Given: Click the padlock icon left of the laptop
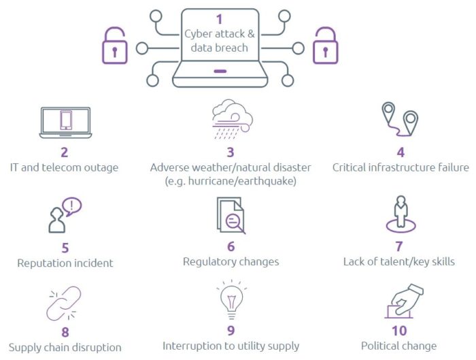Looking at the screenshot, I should pos(114,46).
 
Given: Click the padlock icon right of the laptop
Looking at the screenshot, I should pos(325,46).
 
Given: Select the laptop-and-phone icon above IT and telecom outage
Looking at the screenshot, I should pos(65,120).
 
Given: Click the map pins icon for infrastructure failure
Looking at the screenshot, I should pos(399,120).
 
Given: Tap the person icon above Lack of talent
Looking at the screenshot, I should pos(401,214).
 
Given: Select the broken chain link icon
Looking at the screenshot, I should pos(63,304).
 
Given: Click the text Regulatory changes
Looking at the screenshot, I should pos(231,261).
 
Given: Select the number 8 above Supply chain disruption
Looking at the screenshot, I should pos(65,332).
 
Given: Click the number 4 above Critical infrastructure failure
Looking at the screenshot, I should pos(400,152).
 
